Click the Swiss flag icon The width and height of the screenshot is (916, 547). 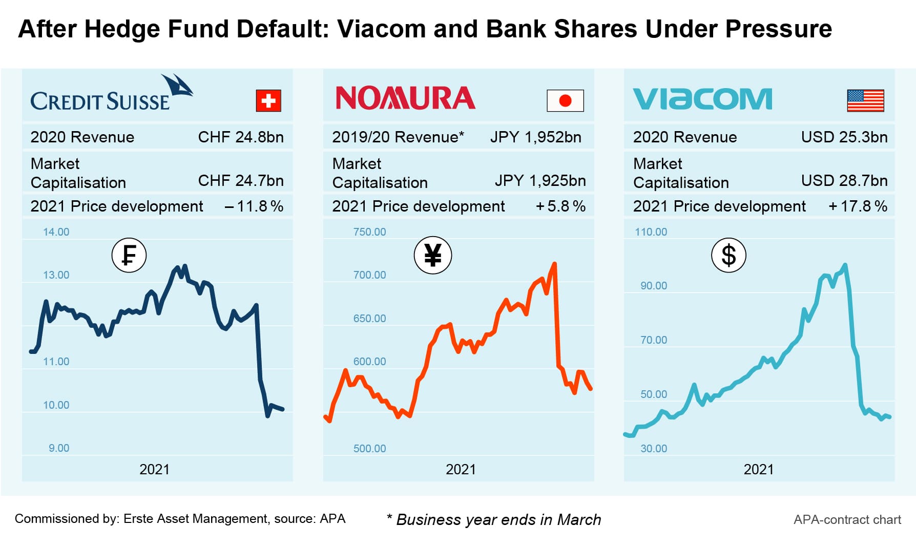268,100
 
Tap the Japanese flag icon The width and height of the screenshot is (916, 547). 565,100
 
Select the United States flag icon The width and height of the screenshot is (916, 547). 865,100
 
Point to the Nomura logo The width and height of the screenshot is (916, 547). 405,98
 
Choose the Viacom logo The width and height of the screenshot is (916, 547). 702,99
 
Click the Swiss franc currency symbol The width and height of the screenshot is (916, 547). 129,255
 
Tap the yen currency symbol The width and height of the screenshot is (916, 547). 433,255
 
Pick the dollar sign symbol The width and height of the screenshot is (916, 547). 728,255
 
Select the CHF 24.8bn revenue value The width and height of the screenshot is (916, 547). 241,137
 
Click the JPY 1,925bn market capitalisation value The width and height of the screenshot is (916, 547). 540,181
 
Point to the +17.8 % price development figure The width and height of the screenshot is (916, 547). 858,206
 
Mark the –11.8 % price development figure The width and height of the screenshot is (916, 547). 254,206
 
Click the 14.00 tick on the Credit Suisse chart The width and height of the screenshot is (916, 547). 56,232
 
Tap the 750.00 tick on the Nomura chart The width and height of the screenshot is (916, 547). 369,232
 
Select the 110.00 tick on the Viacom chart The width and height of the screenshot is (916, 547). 651,232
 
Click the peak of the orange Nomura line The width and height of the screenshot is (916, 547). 554,264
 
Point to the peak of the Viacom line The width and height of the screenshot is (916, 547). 845,265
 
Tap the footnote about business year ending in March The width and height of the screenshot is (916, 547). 494,519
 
